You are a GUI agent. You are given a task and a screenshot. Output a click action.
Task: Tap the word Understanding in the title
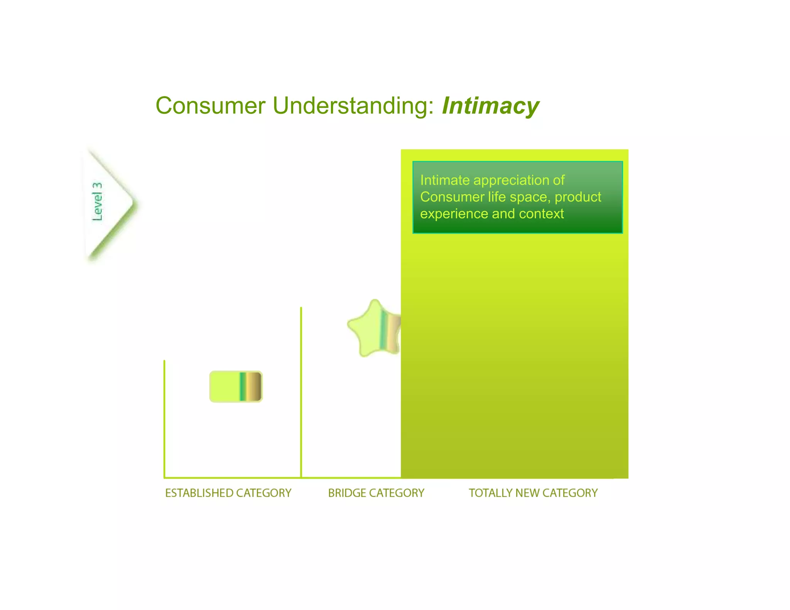[353, 106]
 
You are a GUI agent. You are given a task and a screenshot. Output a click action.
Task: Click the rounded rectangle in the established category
[236, 386]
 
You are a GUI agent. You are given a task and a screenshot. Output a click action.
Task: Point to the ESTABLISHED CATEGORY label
[228, 493]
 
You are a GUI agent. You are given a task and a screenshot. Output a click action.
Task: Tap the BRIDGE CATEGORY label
[376, 493]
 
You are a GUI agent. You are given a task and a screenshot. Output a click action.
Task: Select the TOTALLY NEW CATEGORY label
[533, 493]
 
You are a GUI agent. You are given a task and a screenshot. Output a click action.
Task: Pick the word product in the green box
[577, 197]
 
